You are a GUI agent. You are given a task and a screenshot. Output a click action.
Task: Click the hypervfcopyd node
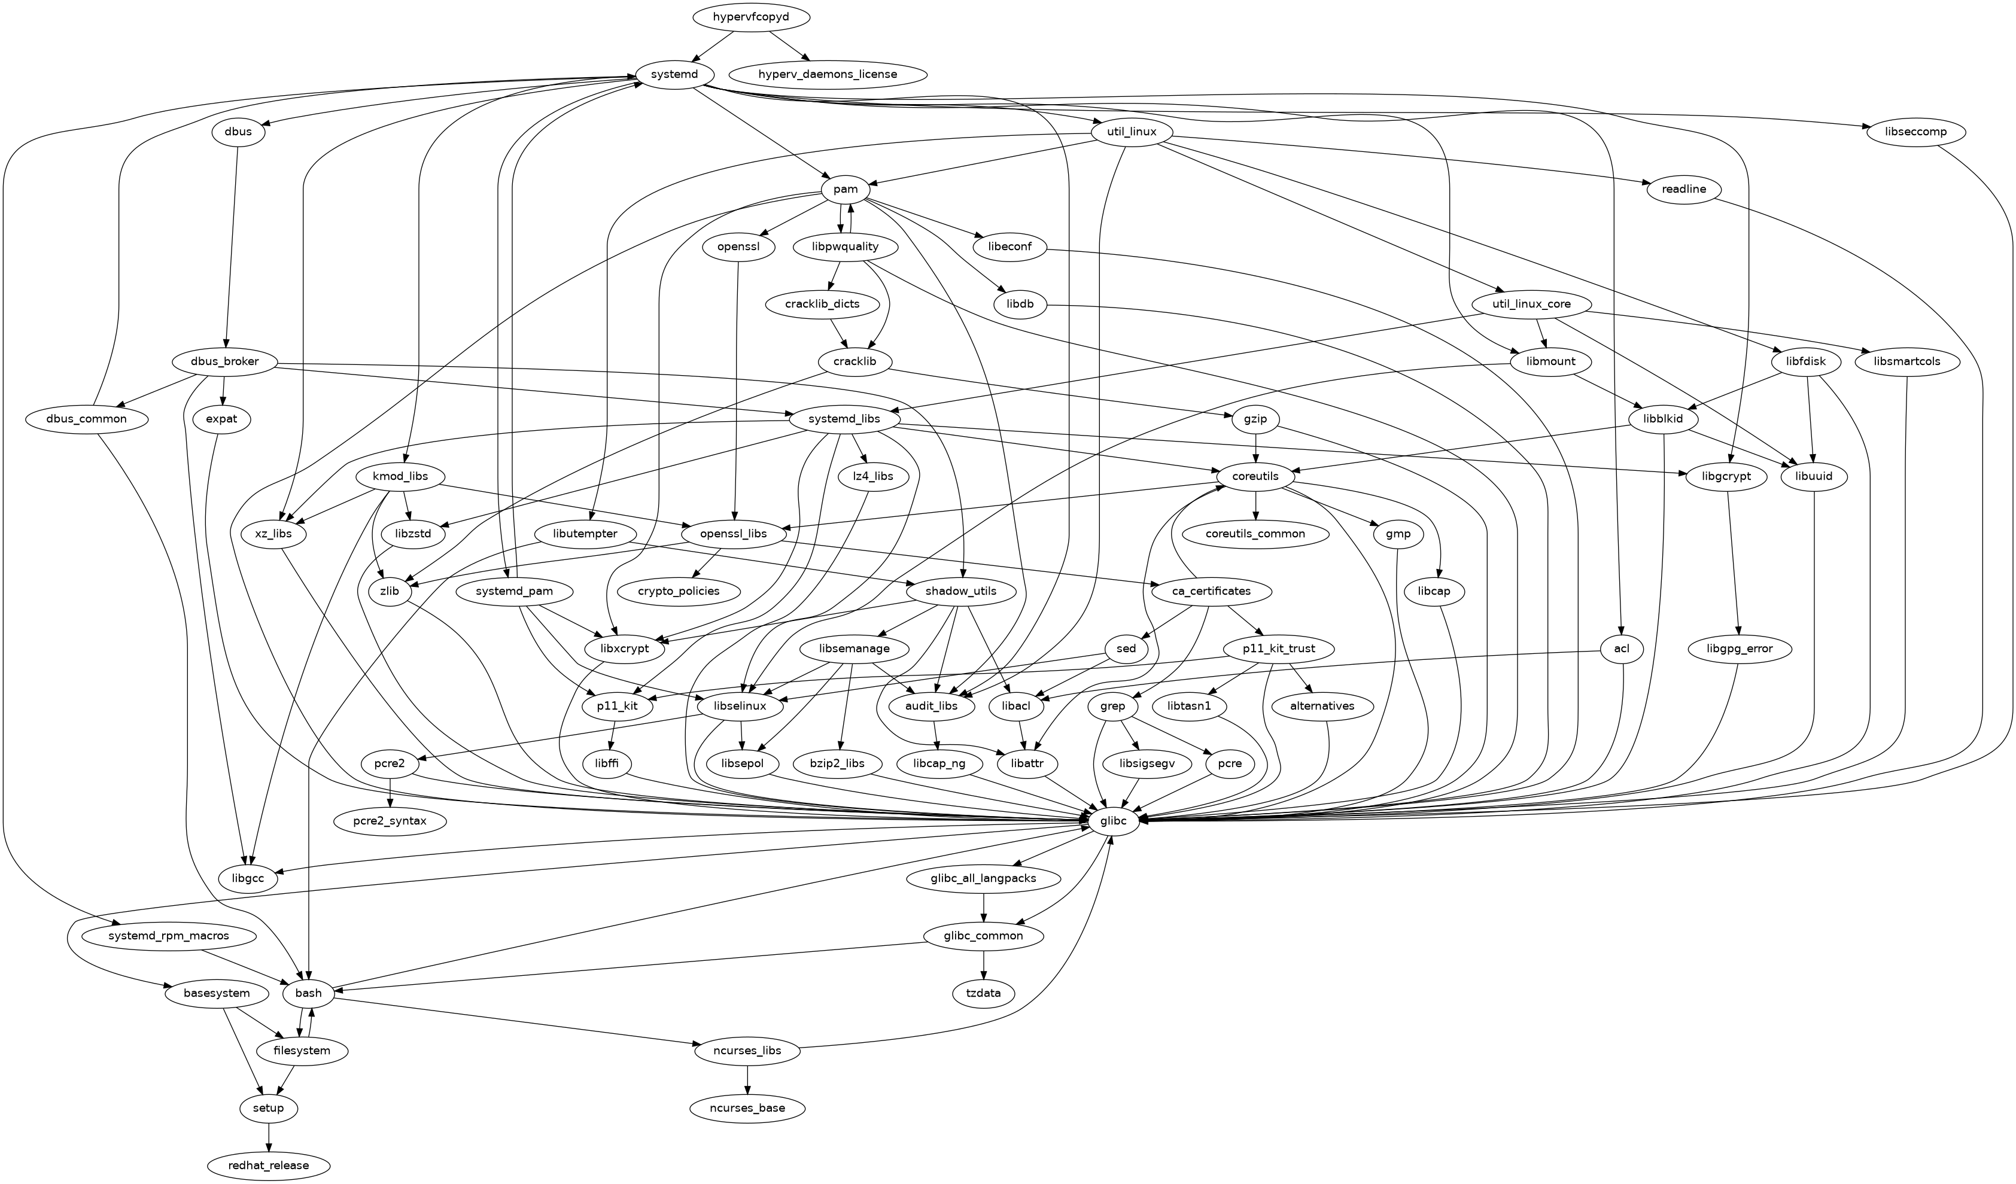click(x=750, y=17)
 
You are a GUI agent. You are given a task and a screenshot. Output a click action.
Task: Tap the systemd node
click(x=675, y=74)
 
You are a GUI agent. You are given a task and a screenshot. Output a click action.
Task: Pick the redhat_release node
click(x=268, y=1165)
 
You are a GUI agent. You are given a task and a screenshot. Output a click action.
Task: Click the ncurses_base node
click(x=747, y=1108)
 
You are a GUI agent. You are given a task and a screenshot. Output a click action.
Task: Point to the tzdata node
click(x=983, y=993)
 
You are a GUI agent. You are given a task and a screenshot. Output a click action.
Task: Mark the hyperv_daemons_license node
click(x=827, y=74)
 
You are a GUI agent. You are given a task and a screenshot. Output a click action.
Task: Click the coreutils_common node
click(x=1255, y=534)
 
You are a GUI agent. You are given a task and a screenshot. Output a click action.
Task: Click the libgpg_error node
click(x=1739, y=649)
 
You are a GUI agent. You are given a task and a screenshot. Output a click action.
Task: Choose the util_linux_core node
click(x=1531, y=304)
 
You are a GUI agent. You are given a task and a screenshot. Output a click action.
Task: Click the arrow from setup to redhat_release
click(x=268, y=1136)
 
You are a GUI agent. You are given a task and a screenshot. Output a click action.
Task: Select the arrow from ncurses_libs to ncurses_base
click(x=747, y=1079)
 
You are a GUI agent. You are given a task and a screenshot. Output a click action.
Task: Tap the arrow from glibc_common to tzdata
click(x=983, y=964)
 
